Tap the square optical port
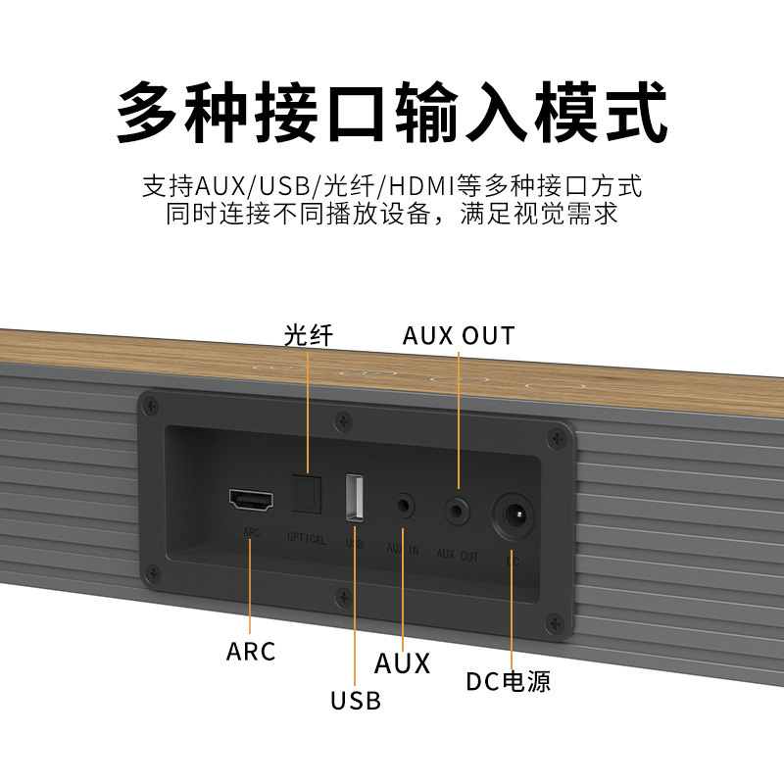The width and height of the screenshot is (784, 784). (x=308, y=496)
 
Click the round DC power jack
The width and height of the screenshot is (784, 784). (x=514, y=514)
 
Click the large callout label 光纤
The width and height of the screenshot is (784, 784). (x=309, y=335)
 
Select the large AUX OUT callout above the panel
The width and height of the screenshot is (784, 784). (x=458, y=336)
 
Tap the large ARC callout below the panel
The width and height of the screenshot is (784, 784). (x=251, y=651)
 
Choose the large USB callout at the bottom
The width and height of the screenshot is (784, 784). (x=355, y=700)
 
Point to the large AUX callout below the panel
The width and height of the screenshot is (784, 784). (x=402, y=663)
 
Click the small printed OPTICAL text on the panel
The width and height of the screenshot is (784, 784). (x=307, y=538)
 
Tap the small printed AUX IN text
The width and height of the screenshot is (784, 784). (x=403, y=550)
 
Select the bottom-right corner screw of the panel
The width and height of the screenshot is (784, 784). (x=556, y=620)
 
